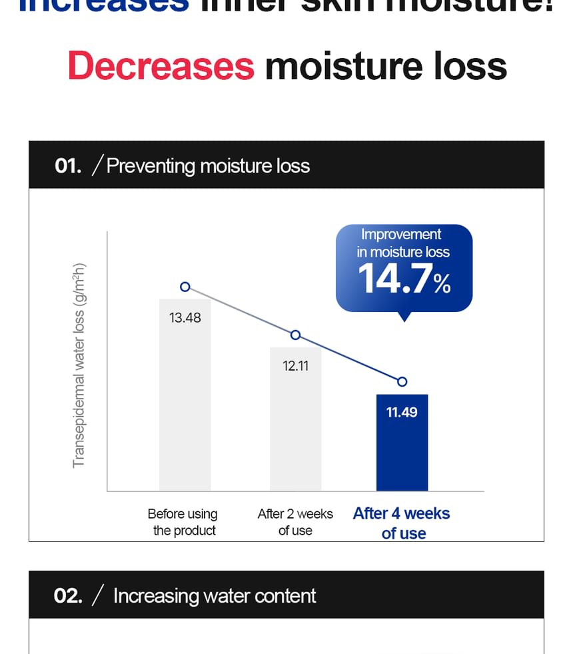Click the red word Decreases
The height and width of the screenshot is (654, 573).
[161, 65]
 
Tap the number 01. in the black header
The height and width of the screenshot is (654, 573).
[68, 165]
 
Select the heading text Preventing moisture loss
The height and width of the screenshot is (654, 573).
[208, 165]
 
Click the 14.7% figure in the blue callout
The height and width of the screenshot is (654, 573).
[404, 279]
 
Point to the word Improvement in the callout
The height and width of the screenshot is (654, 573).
[400, 235]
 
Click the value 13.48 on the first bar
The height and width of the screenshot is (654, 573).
[185, 318]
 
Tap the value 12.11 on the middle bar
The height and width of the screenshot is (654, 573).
[295, 366]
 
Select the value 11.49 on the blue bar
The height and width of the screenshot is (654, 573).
[402, 413]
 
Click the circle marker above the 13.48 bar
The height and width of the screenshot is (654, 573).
[185, 287]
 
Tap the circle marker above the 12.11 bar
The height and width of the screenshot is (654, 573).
[296, 335]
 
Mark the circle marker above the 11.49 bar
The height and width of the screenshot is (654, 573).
[402, 382]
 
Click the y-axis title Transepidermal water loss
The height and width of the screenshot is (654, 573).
[79, 365]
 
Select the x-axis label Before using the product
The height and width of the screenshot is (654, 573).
[183, 522]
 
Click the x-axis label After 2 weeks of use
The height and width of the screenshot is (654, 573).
[295, 522]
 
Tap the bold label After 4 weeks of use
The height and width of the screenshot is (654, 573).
[402, 523]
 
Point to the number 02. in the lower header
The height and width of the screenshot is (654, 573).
[68, 595]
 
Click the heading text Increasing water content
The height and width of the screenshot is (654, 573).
[215, 595]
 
